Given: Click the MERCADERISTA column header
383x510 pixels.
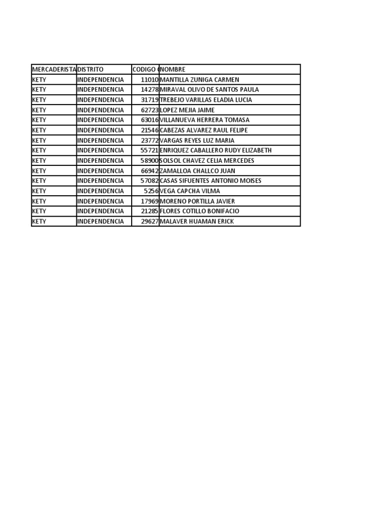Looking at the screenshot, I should pos(54,70).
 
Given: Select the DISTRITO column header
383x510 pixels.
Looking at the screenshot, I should pos(90,70).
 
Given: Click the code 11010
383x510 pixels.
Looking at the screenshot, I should pos(150,80).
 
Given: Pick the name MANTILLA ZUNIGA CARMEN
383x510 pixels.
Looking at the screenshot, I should pos(199,80).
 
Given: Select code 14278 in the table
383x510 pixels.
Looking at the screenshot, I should pos(150,90).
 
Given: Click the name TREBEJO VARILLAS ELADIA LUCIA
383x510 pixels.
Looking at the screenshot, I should pos(206,100).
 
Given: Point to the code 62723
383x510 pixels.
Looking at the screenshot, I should pos(150,110).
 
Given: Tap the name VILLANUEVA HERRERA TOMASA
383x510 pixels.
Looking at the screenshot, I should pos(204,120).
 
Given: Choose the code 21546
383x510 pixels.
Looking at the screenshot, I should pos(150,130).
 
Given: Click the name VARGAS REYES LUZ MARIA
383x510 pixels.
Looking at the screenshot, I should pos(197,140).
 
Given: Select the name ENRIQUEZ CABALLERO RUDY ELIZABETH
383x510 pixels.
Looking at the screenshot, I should pos(215,150).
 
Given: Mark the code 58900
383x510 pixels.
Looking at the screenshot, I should pos(150,160).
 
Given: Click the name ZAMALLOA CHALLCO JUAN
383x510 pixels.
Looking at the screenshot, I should pos(197,171).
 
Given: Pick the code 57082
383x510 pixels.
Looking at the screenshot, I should pos(150,181).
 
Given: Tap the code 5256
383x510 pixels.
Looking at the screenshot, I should pos(151,191).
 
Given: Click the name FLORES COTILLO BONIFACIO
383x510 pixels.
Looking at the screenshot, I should pos(199,211).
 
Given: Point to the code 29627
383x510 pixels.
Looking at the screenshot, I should pos(150,221).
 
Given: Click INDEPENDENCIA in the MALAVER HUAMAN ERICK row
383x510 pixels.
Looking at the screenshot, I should pos(101,221).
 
